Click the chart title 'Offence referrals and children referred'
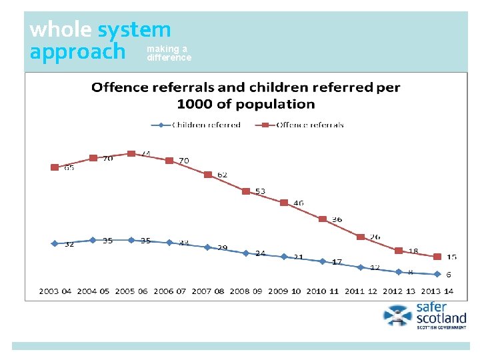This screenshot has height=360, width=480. tap(245, 95)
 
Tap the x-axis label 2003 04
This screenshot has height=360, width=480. tap(55, 291)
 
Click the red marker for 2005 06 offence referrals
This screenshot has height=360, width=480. tap(131, 153)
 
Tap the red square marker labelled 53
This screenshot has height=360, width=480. tap(246, 191)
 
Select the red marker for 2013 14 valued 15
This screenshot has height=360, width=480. tap(437, 257)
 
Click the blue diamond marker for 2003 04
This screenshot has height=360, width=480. tap(55, 243)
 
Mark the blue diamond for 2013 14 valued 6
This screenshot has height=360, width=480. tap(437, 274)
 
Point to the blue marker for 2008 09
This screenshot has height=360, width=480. tap(246, 253)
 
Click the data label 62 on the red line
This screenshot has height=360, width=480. tap(222, 175)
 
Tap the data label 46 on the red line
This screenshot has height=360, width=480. tap(298, 203)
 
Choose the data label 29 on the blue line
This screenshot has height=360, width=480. tap(222, 248)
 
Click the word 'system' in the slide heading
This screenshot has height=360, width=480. tap(134, 29)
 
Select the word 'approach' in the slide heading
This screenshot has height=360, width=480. tap(77, 51)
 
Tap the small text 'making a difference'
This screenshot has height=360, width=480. tap(169, 53)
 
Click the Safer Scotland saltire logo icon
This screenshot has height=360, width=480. tap(398, 315)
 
